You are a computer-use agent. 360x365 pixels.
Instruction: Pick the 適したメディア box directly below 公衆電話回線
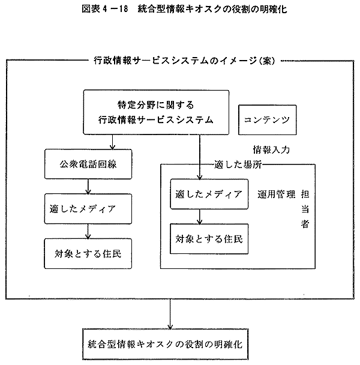click(x=88, y=210)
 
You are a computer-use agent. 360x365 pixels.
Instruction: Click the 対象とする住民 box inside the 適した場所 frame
click(x=209, y=238)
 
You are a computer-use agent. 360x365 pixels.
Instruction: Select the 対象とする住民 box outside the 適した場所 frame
click(x=88, y=253)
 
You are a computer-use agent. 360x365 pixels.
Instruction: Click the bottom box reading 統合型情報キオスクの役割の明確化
click(x=172, y=345)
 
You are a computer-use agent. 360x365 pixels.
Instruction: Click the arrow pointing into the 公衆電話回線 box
click(x=112, y=141)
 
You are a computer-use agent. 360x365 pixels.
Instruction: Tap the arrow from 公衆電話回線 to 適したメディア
click(x=88, y=187)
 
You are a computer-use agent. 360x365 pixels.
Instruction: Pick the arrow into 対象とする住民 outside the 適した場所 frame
click(x=88, y=231)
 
